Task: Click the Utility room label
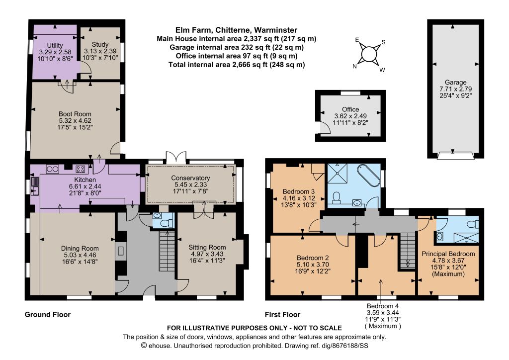(x=55, y=45)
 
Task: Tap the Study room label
(x=100, y=44)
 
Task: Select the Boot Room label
(x=75, y=114)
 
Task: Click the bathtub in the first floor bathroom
(x=368, y=175)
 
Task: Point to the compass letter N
(x=355, y=66)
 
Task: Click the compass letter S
(x=383, y=42)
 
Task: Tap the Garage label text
(x=455, y=83)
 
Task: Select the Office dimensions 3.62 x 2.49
(x=350, y=116)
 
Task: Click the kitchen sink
(x=35, y=186)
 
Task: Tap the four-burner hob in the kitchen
(x=81, y=169)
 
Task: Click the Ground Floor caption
(x=48, y=314)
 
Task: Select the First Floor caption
(x=282, y=314)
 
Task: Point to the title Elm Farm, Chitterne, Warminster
(x=236, y=30)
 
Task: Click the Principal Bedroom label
(x=448, y=254)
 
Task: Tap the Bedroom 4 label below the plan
(x=383, y=306)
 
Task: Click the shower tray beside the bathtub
(x=338, y=174)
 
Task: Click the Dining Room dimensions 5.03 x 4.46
(x=80, y=255)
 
